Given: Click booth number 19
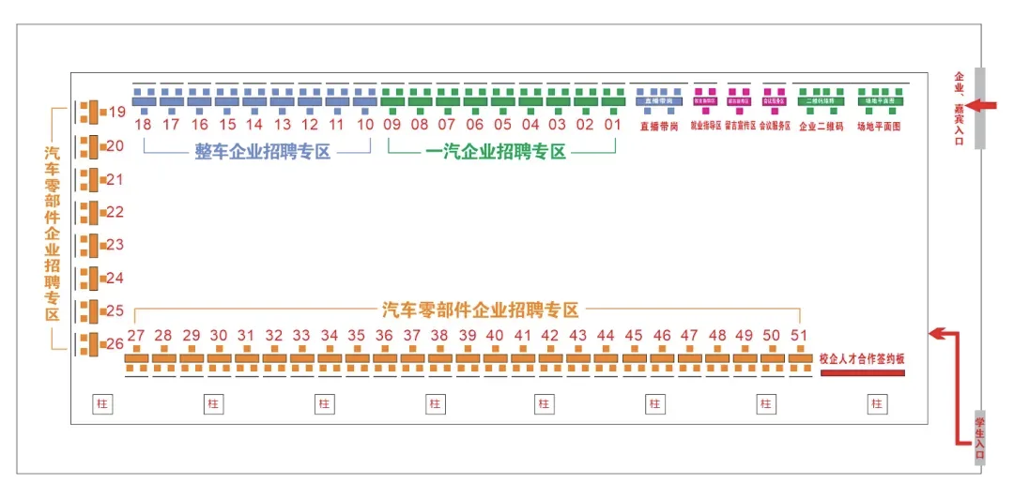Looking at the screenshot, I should tap(116, 113).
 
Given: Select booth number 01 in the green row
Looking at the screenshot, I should tap(613, 124).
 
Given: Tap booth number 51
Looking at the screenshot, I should tap(799, 336).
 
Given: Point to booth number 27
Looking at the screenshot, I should tap(136, 336).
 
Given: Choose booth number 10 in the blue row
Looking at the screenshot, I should tap(365, 124).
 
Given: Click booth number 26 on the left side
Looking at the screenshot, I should tap(115, 344).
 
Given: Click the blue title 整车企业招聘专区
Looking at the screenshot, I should tap(263, 152).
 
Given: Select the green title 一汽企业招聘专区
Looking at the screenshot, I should tap(496, 152).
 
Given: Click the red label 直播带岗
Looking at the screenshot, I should tap(658, 127).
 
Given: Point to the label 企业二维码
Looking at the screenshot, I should tap(821, 127).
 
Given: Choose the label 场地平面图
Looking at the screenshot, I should tap(879, 127).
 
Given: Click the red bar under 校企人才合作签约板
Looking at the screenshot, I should tap(862, 373).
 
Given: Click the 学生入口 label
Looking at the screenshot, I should tap(980, 438).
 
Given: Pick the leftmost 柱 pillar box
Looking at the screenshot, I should tap(102, 403).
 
